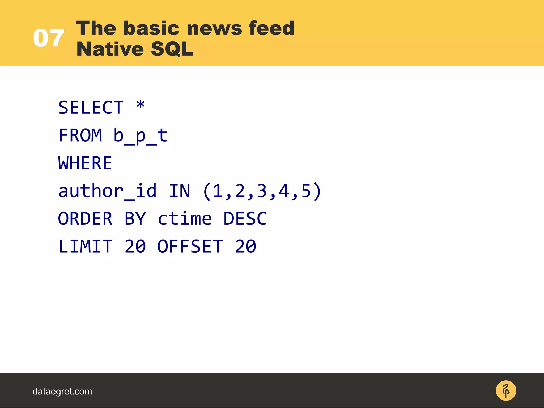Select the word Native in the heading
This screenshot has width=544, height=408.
point(110,49)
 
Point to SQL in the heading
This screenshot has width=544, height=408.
point(172,49)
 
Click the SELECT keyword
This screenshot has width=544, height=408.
point(91,108)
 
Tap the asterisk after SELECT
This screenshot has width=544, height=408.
point(141,105)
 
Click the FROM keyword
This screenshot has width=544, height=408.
point(80,135)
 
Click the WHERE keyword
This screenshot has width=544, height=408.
point(85,163)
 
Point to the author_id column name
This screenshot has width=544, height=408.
point(107,191)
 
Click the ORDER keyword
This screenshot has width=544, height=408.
point(85,219)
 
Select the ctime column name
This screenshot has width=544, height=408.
point(185,219)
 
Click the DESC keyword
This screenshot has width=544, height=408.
point(245,219)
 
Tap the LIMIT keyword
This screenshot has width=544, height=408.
point(85,246)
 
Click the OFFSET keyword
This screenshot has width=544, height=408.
point(190,246)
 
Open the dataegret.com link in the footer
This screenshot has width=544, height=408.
point(62,391)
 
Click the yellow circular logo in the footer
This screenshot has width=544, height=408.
point(506,391)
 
